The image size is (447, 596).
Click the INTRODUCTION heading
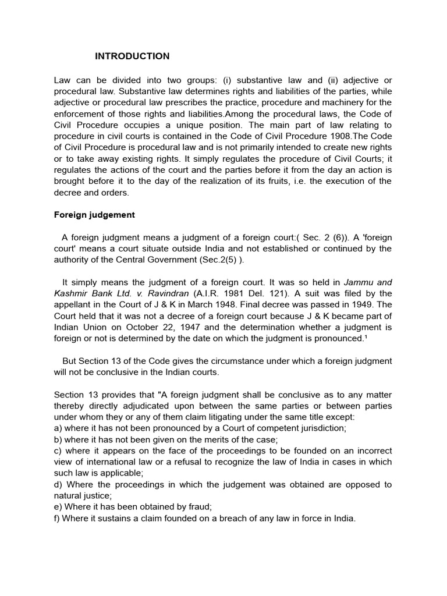coord(132,56)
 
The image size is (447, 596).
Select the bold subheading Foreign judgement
coord(94,215)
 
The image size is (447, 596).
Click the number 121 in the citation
coord(284,293)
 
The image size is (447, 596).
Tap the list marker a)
coord(58,428)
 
